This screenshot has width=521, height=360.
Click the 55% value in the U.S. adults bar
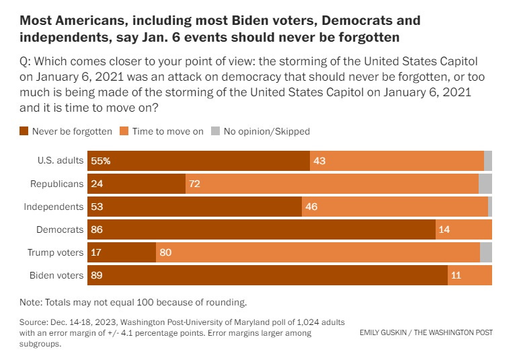102,161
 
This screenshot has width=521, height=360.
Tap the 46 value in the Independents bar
311,207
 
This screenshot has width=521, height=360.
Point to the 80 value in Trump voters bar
166,252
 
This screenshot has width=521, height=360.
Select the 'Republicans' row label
57,184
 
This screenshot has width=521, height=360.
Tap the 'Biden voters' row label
56,275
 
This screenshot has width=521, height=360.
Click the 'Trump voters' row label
56,252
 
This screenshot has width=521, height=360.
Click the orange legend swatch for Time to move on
124,131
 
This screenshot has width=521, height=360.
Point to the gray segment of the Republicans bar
485,184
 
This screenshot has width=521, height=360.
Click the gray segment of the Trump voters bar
486,252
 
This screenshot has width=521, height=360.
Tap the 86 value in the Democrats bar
98,229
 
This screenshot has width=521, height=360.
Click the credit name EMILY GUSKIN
385,333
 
